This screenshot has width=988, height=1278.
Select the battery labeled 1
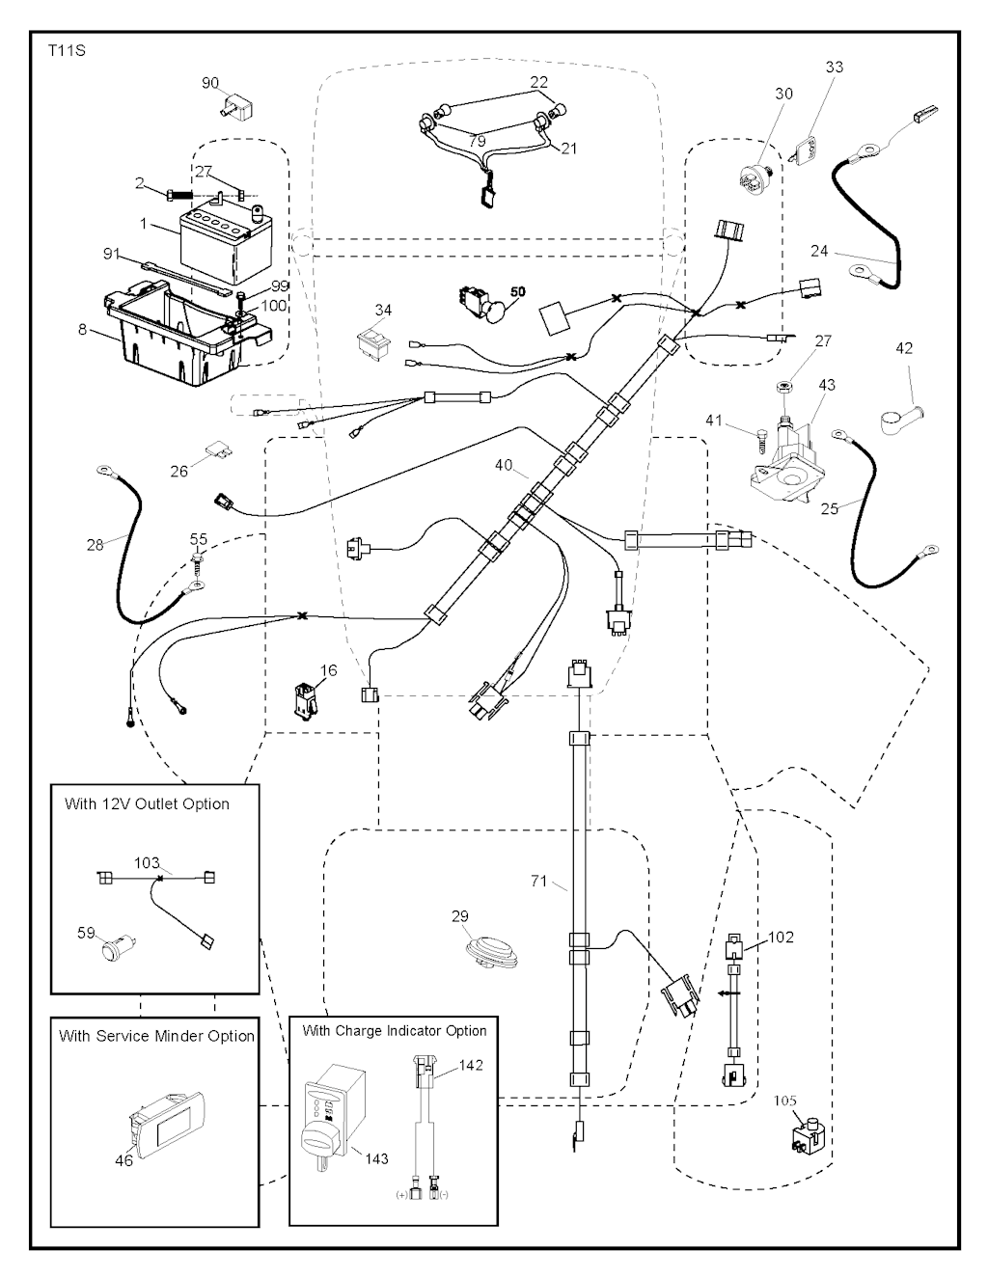coord(222,246)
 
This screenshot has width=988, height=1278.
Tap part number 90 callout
coord(210,83)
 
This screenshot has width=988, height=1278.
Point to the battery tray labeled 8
coord(183,333)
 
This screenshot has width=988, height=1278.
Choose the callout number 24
coord(819,252)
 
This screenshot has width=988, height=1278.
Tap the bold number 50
coord(518,290)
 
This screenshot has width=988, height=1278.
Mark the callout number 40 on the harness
coord(503,465)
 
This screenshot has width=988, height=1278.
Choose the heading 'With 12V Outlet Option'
coord(147,803)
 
